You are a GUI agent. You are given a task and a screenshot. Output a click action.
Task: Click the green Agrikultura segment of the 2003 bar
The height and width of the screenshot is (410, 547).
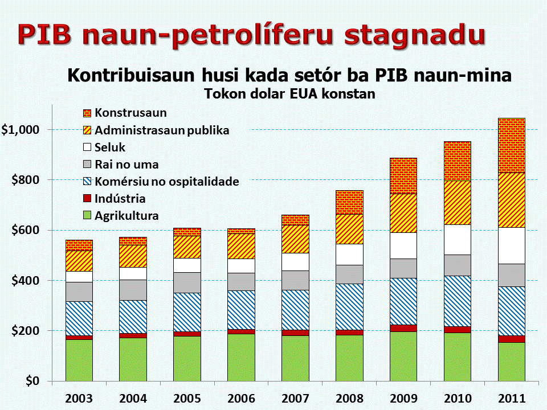(x=79, y=360)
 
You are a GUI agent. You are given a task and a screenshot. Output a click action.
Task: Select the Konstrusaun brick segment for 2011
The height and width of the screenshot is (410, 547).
(x=512, y=145)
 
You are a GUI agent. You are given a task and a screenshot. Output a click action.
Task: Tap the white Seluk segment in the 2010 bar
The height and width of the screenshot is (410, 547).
(x=458, y=240)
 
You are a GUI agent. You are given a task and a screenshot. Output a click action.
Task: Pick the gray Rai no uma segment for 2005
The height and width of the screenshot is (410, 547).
(x=187, y=283)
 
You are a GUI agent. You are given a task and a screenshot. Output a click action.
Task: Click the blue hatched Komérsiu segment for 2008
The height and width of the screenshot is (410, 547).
(x=349, y=307)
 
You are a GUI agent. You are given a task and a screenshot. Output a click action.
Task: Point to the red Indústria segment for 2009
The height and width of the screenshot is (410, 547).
(x=403, y=329)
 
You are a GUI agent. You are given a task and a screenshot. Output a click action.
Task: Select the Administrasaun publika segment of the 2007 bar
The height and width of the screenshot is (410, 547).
(x=296, y=239)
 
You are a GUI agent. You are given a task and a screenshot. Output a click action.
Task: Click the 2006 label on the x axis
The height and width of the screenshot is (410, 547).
(x=242, y=398)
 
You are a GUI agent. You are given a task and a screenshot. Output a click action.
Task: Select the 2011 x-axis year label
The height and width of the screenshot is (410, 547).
(x=512, y=398)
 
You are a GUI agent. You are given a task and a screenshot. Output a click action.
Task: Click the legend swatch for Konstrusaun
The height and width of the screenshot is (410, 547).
(x=87, y=113)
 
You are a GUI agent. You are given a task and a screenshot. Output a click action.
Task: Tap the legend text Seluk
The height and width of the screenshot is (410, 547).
(x=110, y=147)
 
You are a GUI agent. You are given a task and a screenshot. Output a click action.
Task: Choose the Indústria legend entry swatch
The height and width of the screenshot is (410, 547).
(x=87, y=198)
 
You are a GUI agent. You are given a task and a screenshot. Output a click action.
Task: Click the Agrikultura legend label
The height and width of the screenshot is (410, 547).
(x=126, y=216)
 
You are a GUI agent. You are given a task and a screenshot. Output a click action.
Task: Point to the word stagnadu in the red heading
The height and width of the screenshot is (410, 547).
(x=415, y=35)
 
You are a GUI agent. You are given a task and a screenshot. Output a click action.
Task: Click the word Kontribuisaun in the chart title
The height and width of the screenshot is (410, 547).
(x=131, y=75)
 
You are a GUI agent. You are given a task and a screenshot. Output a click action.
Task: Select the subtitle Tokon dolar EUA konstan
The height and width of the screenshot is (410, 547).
(x=289, y=94)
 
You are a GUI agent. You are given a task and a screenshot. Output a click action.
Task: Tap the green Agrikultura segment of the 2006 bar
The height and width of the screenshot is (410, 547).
(x=242, y=358)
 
